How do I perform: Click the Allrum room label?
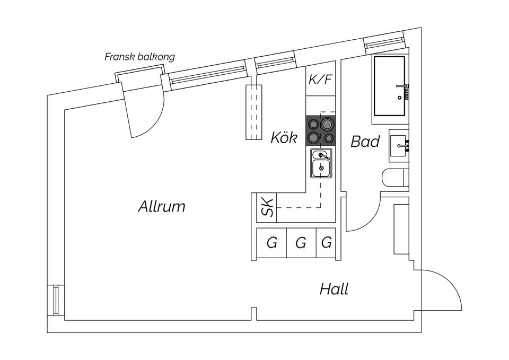162,206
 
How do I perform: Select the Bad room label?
365,142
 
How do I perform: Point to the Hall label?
334,289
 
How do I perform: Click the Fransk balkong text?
139,57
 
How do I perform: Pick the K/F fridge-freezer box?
320,81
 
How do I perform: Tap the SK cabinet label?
268,207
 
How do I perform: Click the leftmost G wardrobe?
271,243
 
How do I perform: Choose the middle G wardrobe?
301,243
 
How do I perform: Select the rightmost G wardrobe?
327,243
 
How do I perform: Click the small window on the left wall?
56,301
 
